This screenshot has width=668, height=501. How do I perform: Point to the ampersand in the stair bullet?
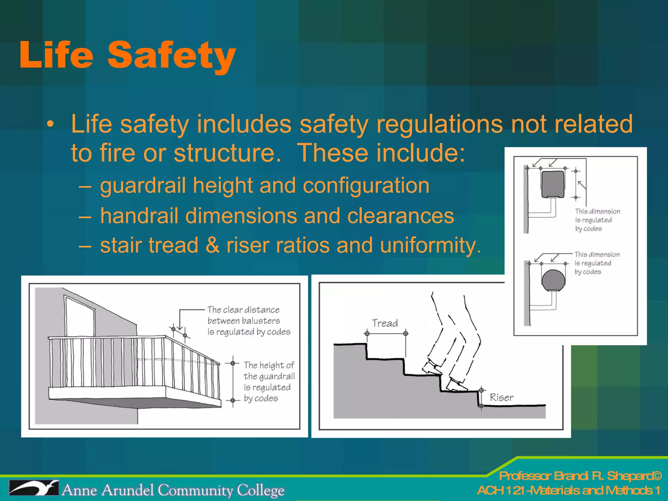tap(212, 245)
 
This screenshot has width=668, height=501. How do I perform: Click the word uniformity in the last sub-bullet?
tap(430, 245)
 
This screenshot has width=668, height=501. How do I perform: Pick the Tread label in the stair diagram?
tap(385, 323)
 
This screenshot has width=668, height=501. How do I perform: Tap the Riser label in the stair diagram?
tap(501, 398)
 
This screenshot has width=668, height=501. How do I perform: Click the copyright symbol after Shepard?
tap(658, 476)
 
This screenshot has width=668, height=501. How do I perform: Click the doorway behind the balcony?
tap(80, 316)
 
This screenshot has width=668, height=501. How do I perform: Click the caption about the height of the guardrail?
tap(269, 382)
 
